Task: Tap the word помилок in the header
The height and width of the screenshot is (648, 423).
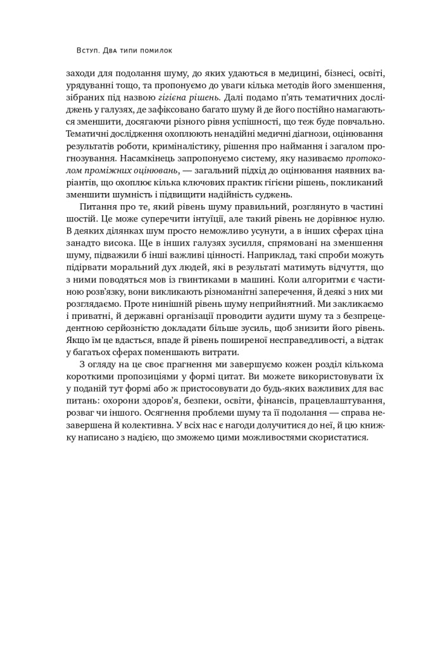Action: click(156, 49)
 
